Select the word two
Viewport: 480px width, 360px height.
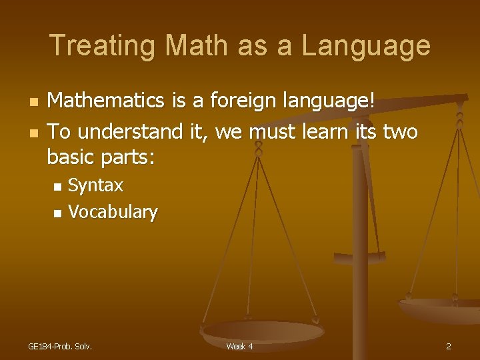400,132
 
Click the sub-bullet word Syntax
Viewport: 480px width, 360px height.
96,185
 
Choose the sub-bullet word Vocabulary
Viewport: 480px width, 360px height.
113,213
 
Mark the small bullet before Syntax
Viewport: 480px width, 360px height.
57,186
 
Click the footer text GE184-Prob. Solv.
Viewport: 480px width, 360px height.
60,347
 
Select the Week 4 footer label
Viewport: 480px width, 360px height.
239,347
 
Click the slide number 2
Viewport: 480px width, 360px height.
449,347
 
